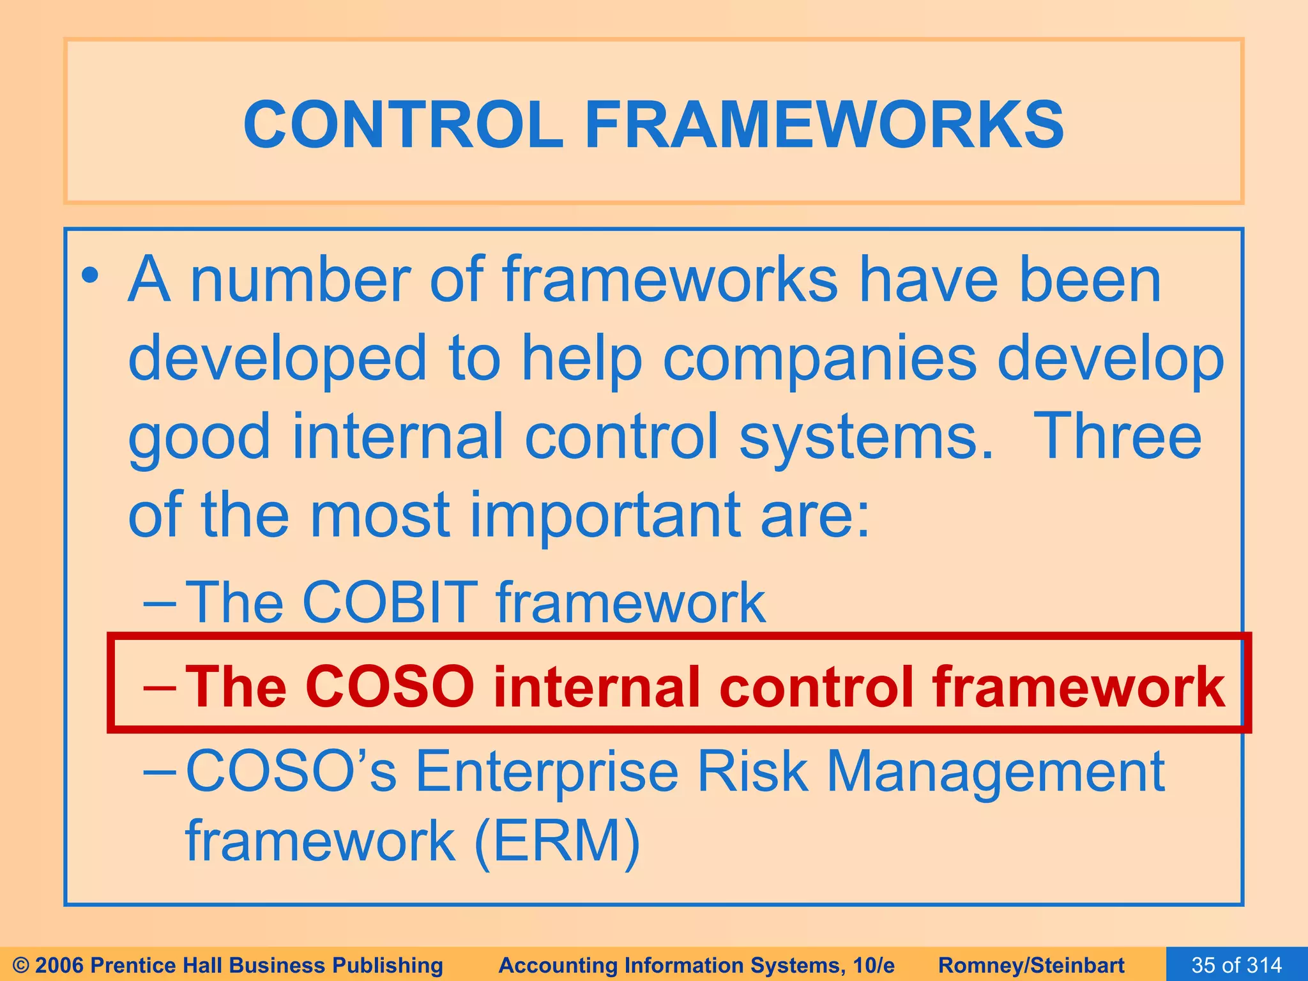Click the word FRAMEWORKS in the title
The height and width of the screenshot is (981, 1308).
[824, 125]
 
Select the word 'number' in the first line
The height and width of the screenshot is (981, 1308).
[300, 281]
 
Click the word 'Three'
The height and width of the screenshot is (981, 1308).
[1117, 437]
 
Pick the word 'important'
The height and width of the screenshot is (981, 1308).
[605, 515]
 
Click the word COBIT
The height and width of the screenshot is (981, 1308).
[390, 603]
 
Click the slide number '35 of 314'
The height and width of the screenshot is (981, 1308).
[1236, 965]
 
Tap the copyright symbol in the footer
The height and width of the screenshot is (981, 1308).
[20, 965]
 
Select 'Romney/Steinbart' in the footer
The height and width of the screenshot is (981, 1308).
[1031, 965]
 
